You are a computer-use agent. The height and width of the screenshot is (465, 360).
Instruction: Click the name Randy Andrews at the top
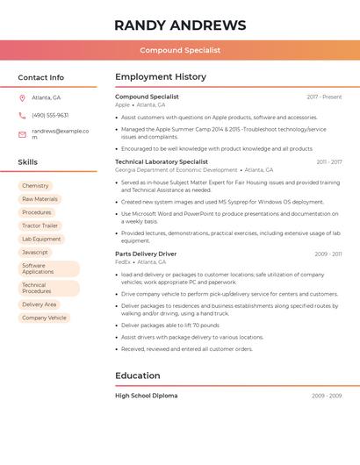click(180, 25)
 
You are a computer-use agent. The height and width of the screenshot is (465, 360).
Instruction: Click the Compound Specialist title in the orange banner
click(180, 50)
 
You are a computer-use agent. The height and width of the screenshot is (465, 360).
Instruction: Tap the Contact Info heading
click(40, 77)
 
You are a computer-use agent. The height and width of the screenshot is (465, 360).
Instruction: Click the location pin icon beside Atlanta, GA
click(22, 97)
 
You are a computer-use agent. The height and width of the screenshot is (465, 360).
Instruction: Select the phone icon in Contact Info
click(22, 115)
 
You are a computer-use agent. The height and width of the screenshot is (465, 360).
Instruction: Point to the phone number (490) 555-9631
click(50, 115)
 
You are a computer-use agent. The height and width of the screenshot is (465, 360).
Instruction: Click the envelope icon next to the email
click(22, 134)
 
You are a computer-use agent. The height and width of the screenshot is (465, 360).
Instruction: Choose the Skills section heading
click(27, 162)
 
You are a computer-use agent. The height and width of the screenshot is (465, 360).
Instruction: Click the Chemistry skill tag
click(35, 186)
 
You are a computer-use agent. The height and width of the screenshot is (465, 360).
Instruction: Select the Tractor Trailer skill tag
click(40, 225)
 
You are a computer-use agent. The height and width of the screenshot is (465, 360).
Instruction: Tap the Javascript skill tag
click(35, 252)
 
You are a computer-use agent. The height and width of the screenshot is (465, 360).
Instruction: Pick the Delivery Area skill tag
click(40, 304)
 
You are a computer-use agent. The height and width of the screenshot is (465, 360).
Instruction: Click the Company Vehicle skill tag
click(44, 318)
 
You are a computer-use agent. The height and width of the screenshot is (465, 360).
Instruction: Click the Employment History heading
click(161, 77)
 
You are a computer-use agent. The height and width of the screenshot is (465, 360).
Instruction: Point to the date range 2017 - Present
click(324, 97)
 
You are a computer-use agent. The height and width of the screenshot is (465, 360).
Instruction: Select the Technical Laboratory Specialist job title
click(162, 162)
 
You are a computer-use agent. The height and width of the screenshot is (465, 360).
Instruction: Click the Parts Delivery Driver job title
click(146, 254)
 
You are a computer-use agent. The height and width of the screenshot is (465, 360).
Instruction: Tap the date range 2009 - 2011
click(328, 254)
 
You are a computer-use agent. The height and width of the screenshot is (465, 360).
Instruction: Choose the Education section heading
click(137, 376)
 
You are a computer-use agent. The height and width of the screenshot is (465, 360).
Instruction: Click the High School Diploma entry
click(146, 396)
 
